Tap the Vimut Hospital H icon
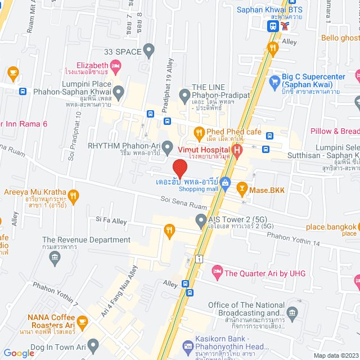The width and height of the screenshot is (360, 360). pos(237,150)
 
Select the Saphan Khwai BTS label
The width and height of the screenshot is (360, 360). pos(269,10)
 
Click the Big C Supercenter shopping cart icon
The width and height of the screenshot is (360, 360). pos(274,81)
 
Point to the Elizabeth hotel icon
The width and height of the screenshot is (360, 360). pos(116,68)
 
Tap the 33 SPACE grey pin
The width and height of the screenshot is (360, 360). pos(149,51)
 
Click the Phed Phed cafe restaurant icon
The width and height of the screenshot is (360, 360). pos(199,132)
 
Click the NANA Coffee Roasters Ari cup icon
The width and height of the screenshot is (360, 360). pos(83,322)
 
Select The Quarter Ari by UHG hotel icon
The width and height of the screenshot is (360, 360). pos(217,273)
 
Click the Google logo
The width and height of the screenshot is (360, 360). pos(19,353)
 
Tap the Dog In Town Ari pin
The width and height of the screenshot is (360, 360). pos(93,344)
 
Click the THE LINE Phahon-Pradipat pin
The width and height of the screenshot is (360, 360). pos(184,94)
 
